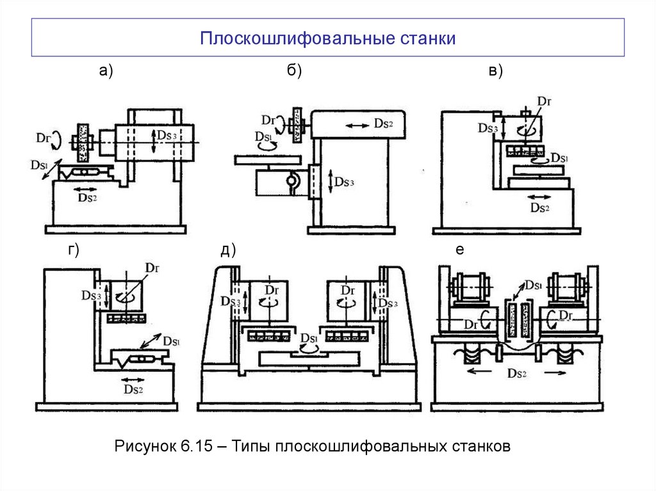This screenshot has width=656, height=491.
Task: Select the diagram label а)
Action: pyautogui.click(x=106, y=72)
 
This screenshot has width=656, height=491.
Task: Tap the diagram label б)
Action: pyautogui.click(x=294, y=72)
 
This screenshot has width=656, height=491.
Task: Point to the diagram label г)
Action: pyautogui.click(x=74, y=251)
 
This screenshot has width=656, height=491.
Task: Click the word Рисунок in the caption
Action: pyautogui.click(x=141, y=446)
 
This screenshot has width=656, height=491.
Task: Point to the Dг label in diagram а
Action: pyautogui.click(x=44, y=137)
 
